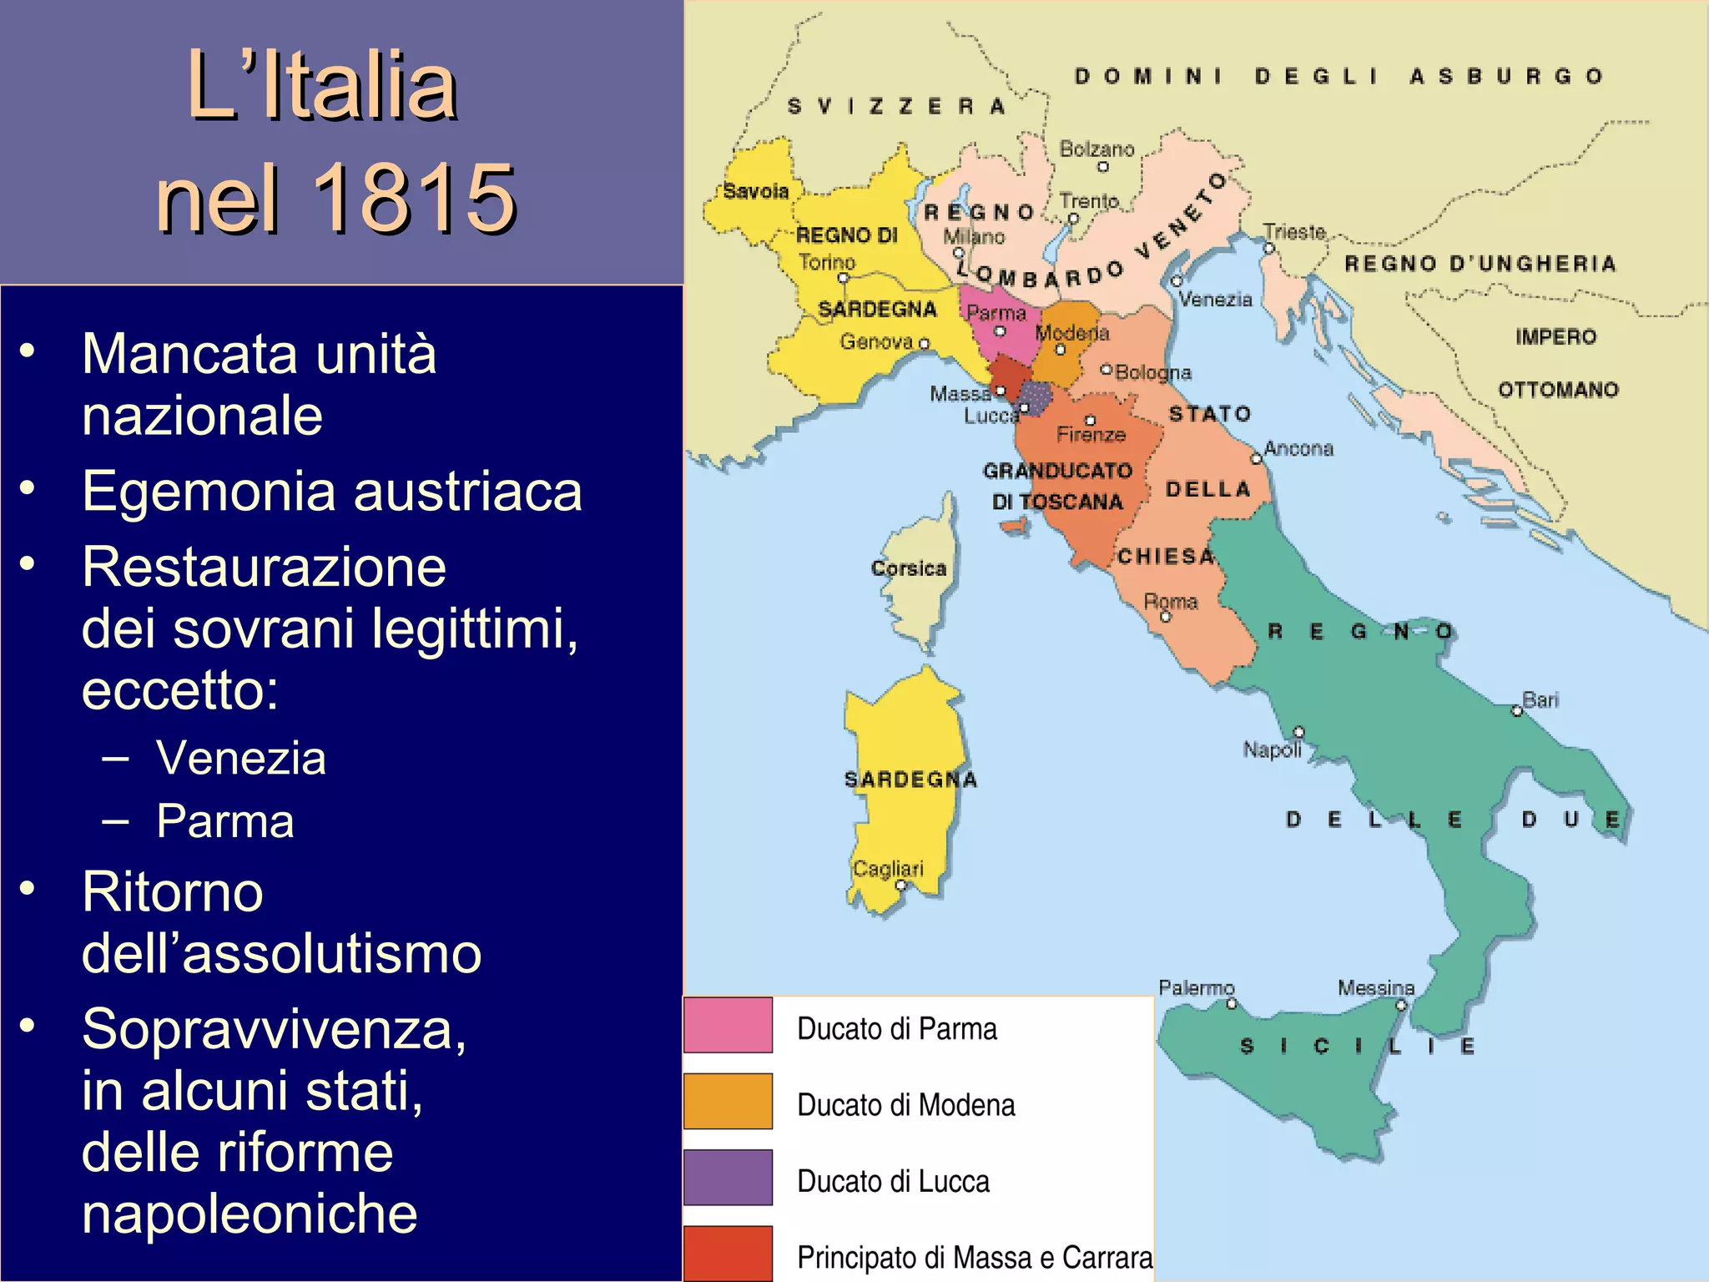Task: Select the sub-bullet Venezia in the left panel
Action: point(240,758)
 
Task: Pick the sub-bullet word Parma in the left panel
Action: point(225,820)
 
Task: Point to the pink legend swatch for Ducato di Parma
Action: point(728,1025)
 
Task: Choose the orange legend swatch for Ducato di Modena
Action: point(728,1101)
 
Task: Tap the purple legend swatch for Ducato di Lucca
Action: point(728,1178)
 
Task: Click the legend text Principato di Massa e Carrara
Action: point(975,1256)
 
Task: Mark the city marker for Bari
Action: point(1517,711)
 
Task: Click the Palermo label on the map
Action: point(1196,988)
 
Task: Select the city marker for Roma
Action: point(1167,618)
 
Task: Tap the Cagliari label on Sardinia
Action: point(888,869)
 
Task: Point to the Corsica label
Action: point(909,568)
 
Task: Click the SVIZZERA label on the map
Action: point(896,106)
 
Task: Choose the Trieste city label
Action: point(1294,232)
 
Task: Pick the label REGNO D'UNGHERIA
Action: point(1480,264)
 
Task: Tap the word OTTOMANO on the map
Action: point(1558,390)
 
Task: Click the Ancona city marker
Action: point(1256,459)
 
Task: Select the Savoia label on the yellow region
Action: point(756,191)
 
